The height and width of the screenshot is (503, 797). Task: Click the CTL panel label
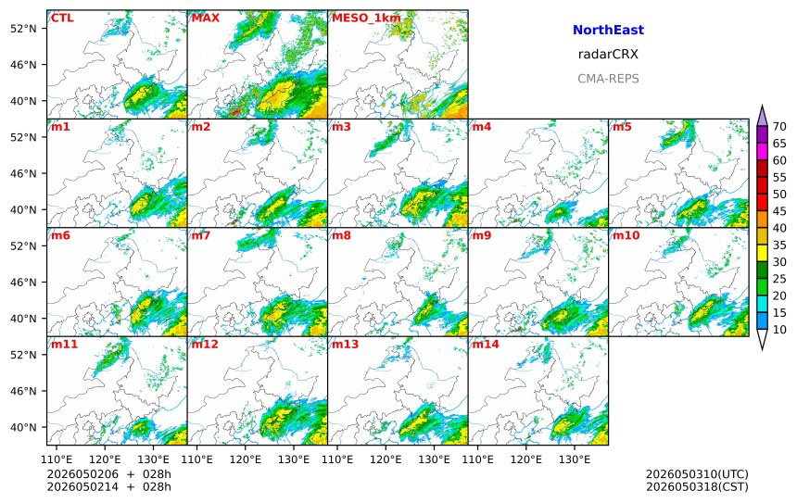tap(62, 18)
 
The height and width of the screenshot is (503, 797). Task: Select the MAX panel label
tap(206, 18)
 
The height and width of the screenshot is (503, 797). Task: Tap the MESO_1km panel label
tap(366, 19)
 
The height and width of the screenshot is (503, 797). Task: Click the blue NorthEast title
tap(608, 30)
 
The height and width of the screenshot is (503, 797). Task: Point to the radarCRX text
tap(608, 54)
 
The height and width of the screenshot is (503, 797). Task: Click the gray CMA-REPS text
tap(608, 78)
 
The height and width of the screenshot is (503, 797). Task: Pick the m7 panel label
tap(201, 235)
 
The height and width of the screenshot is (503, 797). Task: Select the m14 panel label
tap(486, 345)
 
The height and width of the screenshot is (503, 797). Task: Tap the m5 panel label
tap(622, 127)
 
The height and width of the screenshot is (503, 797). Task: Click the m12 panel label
tap(204, 345)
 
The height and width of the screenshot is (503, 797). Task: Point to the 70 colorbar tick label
tap(779, 127)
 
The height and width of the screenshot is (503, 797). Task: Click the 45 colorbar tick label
tap(779, 211)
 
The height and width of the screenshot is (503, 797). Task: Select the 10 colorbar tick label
tap(779, 329)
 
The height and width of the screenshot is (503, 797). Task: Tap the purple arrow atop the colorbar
tap(762, 116)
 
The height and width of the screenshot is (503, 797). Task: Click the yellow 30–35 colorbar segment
tap(762, 253)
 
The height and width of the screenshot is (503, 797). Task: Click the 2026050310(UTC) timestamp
tap(697, 474)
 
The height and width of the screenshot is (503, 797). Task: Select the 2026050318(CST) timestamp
tap(697, 486)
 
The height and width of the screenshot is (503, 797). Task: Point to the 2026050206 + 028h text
tap(108, 474)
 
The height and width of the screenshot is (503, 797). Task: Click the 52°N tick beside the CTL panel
tap(23, 29)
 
